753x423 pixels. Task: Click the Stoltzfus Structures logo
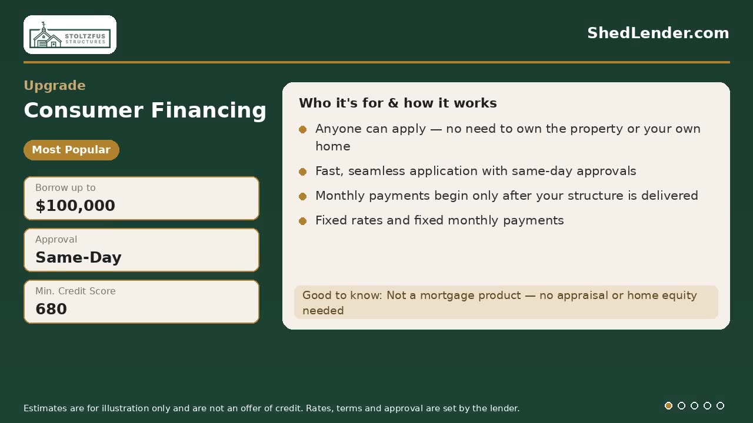click(x=70, y=35)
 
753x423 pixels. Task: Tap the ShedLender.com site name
click(x=658, y=33)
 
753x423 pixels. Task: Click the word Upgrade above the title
click(x=55, y=86)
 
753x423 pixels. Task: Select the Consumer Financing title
click(x=145, y=110)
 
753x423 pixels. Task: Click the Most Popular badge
click(x=71, y=150)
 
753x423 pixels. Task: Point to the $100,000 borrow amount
click(x=75, y=206)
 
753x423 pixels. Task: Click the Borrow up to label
click(x=65, y=187)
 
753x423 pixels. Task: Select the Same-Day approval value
click(x=78, y=257)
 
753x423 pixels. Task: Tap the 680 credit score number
click(x=51, y=309)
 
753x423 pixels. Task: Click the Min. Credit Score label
click(x=75, y=291)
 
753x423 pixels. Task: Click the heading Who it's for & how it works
click(x=398, y=103)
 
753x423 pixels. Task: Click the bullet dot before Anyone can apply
click(x=302, y=129)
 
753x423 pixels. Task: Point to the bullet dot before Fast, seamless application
click(x=302, y=172)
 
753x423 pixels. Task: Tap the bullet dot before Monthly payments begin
click(x=302, y=196)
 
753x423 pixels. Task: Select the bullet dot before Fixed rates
click(x=302, y=221)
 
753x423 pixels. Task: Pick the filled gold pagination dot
click(x=669, y=405)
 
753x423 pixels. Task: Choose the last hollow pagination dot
click(x=720, y=405)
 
